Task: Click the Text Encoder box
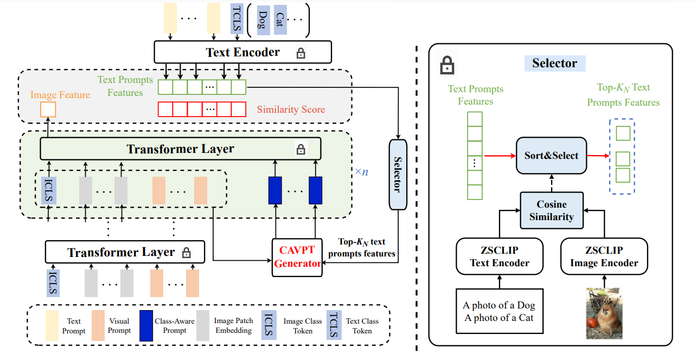(242, 53)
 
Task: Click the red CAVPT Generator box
(297, 256)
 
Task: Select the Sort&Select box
(551, 156)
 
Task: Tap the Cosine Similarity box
(551, 210)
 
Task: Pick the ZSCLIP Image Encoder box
(604, 257)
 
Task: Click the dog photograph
(603, 314)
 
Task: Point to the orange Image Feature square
(48, 110)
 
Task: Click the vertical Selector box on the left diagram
(397, 174)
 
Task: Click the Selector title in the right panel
(554, 63)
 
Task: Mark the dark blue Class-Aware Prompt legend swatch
(146, 325)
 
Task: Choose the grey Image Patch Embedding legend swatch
(203, 325)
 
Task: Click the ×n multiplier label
(361, 172)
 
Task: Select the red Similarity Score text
(291, 110)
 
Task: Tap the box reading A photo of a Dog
(499, 311)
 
